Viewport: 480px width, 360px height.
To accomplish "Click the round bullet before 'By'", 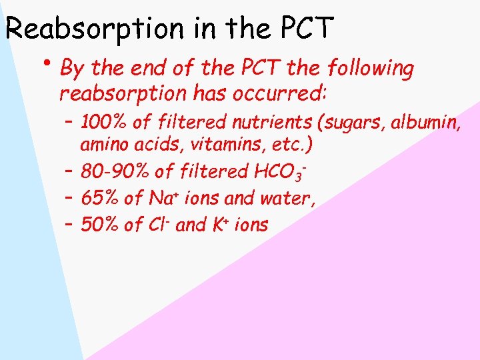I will (x=49, y=63).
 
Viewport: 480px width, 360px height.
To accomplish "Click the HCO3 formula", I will (x=280, y=172).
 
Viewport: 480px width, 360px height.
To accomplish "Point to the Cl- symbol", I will (x=161, y=225).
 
